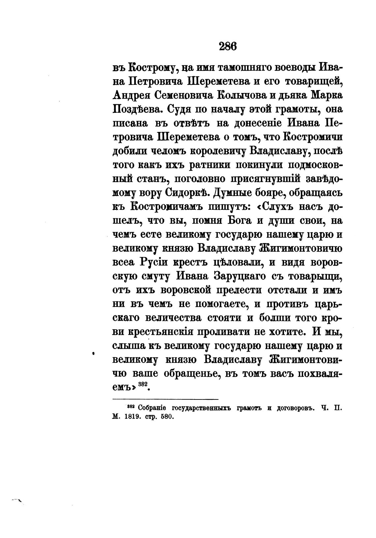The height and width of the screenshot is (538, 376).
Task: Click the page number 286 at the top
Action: (x=228, y=47)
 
